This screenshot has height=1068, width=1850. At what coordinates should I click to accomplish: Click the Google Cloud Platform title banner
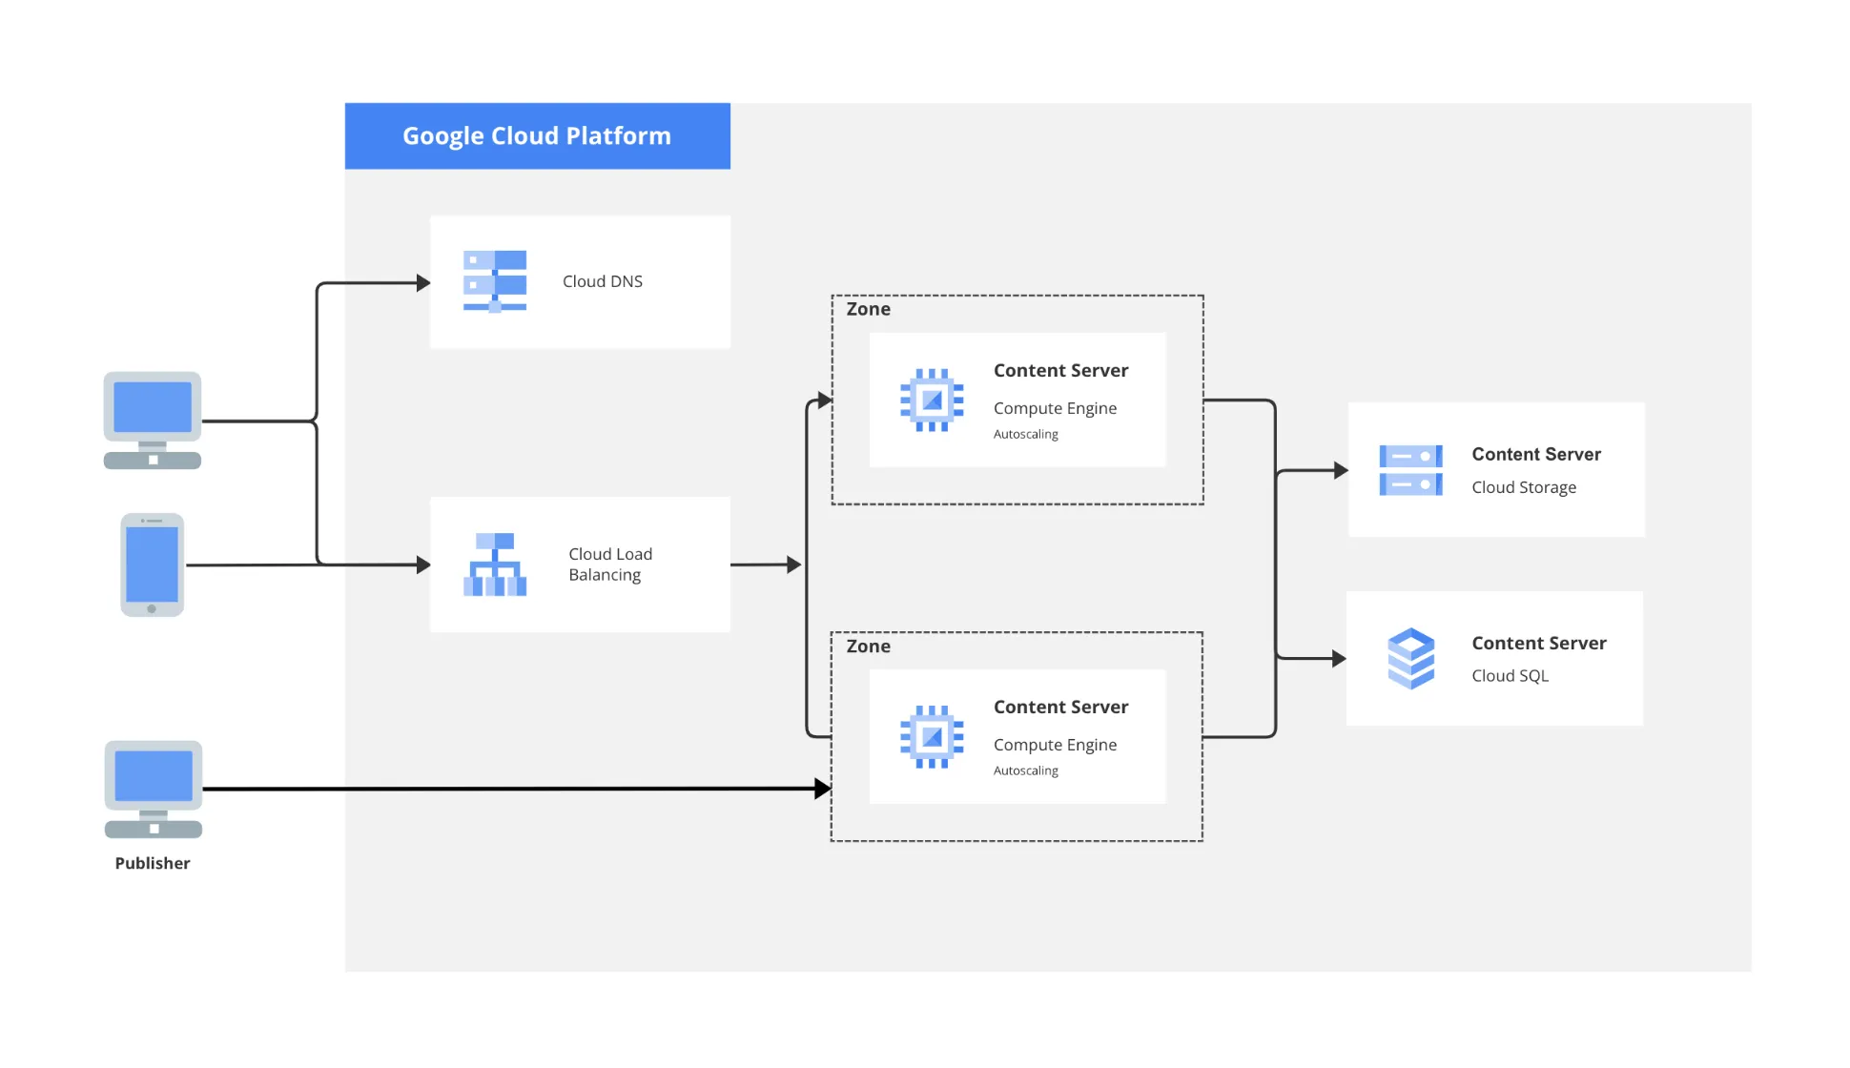pos(537,136)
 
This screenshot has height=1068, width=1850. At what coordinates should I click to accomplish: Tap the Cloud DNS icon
pos(495,281)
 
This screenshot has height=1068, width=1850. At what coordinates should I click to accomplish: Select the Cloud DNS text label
pos(603,281)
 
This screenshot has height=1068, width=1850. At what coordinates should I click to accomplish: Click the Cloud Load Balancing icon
pos(495,565)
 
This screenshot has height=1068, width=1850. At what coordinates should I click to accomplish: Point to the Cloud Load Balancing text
pos(610,565)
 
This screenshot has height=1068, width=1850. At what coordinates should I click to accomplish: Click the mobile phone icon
pos(153,565)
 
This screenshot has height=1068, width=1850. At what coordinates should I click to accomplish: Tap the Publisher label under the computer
pos(153,863)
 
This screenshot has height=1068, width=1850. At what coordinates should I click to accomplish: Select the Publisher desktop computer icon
pos(154,790)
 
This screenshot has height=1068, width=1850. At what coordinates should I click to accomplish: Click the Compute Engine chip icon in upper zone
pos(932,400)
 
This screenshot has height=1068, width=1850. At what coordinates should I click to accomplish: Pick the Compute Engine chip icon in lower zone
pos(932,737)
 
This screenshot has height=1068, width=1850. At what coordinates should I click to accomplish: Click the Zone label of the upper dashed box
pos(868,309)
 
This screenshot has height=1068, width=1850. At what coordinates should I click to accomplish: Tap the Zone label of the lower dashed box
pos(868,647)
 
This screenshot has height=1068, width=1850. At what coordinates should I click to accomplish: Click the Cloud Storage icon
pos(1411,470)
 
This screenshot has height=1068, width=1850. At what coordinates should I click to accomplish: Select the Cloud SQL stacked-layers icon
pos(1411,659)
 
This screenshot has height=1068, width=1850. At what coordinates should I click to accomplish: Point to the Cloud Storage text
pos(1524,487)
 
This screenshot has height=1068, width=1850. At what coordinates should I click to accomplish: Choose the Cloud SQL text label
pos(1510,676)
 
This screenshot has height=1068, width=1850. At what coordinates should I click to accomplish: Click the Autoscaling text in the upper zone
pos(1026,434)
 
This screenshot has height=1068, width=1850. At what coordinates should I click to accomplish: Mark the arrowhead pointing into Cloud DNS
pos(424,283)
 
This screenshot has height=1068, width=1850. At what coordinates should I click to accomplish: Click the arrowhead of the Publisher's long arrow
pos(823,789)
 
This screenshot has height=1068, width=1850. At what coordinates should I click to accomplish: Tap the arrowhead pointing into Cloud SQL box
pos(1339,658)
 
